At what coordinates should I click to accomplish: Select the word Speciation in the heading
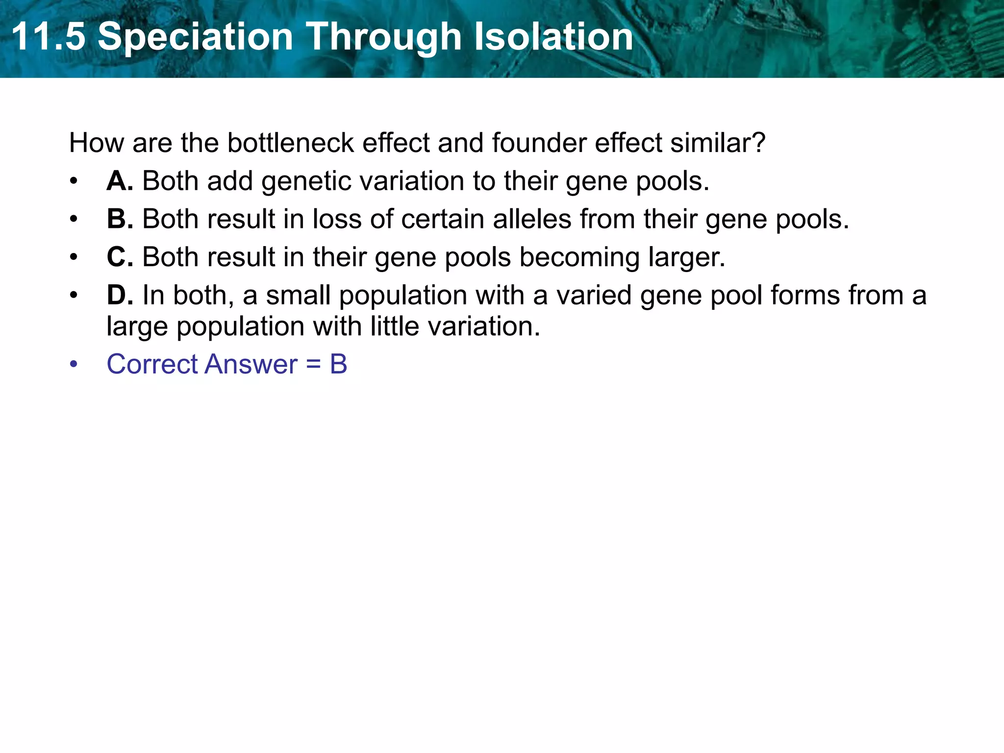[x=195, y=37]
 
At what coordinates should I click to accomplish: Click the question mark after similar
[x=758, y=143]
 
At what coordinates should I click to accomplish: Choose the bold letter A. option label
[x=120, y=181]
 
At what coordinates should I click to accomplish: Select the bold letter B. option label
[x=120, y=219]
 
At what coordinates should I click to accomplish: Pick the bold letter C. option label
[x=120, y=257]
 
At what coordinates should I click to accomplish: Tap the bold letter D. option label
[x=120, y=295]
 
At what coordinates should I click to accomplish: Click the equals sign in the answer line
[x=313, y=364]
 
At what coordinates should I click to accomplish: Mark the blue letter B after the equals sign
[x=338, y=364]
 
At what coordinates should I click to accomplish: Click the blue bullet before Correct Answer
[x=74, y=364]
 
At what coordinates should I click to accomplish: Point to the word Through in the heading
[x=384, y=37]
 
